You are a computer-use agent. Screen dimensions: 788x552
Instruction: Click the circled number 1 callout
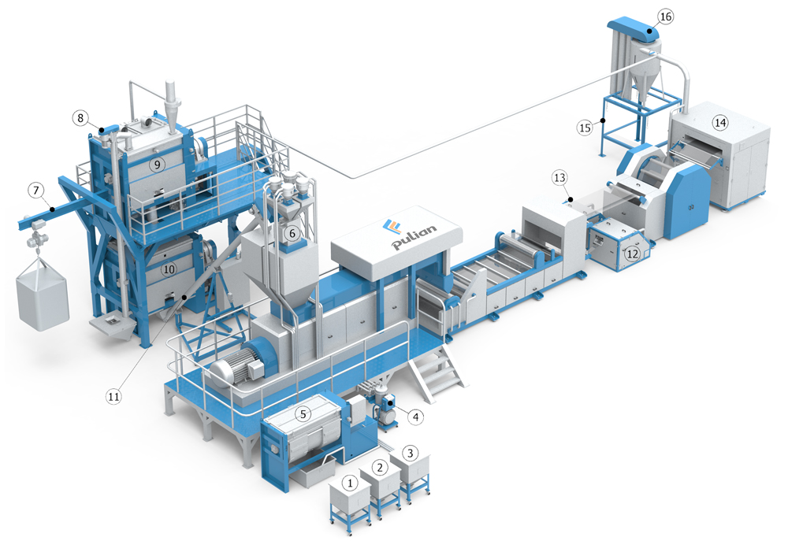point(350,483)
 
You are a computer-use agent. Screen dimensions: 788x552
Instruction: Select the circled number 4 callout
point(415,417)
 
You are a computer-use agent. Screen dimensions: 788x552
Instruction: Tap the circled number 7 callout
point(35,191)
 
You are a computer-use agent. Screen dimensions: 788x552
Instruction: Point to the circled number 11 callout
point(113,396)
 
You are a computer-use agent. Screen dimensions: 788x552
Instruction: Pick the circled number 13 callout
point(559,178)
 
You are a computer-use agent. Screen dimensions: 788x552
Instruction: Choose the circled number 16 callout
point(665,17)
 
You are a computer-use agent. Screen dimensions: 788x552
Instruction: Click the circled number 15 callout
point(585,128)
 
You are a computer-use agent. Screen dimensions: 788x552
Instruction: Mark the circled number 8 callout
point(80,118)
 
